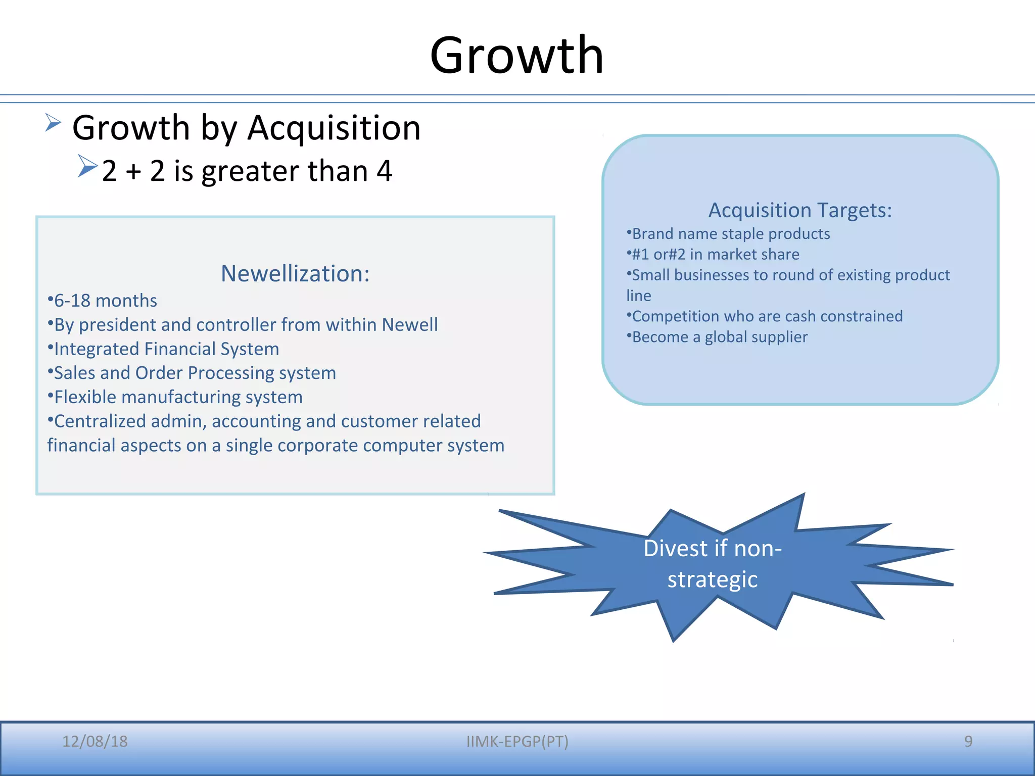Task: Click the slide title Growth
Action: [516, 56]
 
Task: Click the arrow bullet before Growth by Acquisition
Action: [53, 122]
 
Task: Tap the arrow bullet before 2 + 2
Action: [87, 166]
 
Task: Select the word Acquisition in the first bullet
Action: [334, 128]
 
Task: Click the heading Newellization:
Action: [295, 274]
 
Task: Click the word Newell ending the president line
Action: [409, 325]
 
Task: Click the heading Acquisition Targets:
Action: [800, 210]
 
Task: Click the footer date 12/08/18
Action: [95, 741]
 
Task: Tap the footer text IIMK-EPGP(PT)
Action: [517, 741]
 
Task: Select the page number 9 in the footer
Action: [968, 741]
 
